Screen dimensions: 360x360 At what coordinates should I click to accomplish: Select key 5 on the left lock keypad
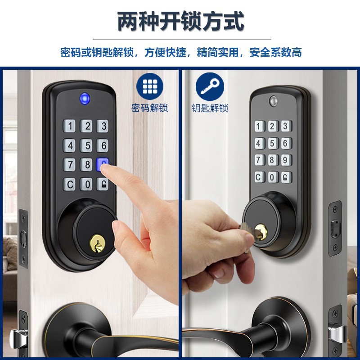coord(86,145)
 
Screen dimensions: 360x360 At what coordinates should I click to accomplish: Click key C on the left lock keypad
coord(70,184)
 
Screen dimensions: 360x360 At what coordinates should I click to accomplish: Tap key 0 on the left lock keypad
coord(86,184)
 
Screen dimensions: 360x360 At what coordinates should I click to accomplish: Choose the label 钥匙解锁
coord(210,108)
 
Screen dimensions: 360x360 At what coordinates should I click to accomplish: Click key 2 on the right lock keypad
coord(272,126)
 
